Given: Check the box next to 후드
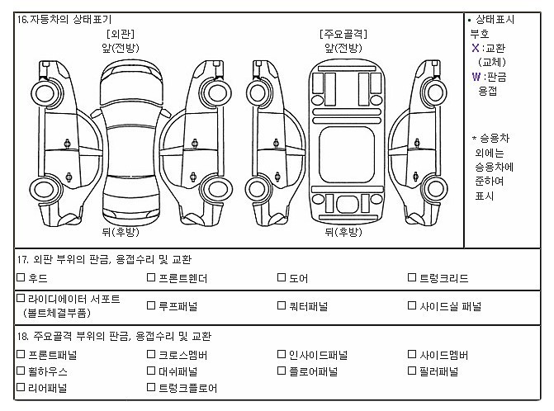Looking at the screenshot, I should pyautogui.click(x=21, y=278).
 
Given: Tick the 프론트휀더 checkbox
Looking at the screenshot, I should pyautogui.click(x=151, y=278).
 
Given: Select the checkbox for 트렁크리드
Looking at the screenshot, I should pyautogui.click(x=412, y=278).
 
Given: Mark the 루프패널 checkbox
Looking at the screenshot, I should pyautogui.click(x=151, y=305).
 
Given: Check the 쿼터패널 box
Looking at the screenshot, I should pyautogui.click(x=282, y=305).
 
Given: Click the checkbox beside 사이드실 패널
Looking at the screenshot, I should pyautogui.click(x=412, y=305).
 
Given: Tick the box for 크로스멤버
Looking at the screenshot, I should pyautogui.click(x=151, y=355).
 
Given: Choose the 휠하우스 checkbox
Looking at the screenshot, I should pyautogui.click(x=21, y=371).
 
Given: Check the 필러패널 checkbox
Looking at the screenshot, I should pyautogui.click(x=412, y=371).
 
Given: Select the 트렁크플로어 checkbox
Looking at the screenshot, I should pyautogui.click(x=151, y=386).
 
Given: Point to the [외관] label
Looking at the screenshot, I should pyautogui.click(x=121, y=35).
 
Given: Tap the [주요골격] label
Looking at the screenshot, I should pyautogui.click(x=343, y=35).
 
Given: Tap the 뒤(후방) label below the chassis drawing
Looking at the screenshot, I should pyautogui.click(x=343, y=232).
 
